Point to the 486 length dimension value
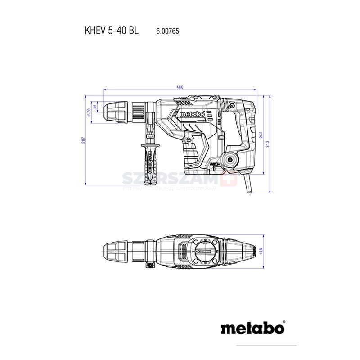180,86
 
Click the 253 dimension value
261,135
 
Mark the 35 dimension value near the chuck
95,108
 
